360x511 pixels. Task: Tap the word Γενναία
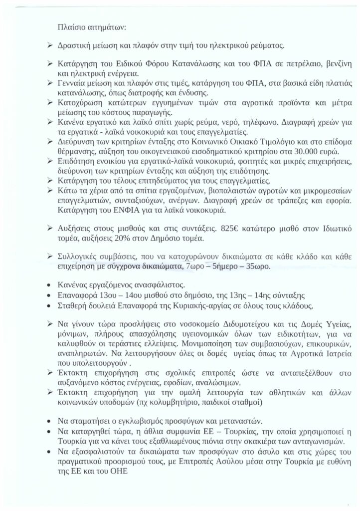point(74,82)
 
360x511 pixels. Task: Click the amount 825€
point(231,228)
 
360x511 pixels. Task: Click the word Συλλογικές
point(81,256)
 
